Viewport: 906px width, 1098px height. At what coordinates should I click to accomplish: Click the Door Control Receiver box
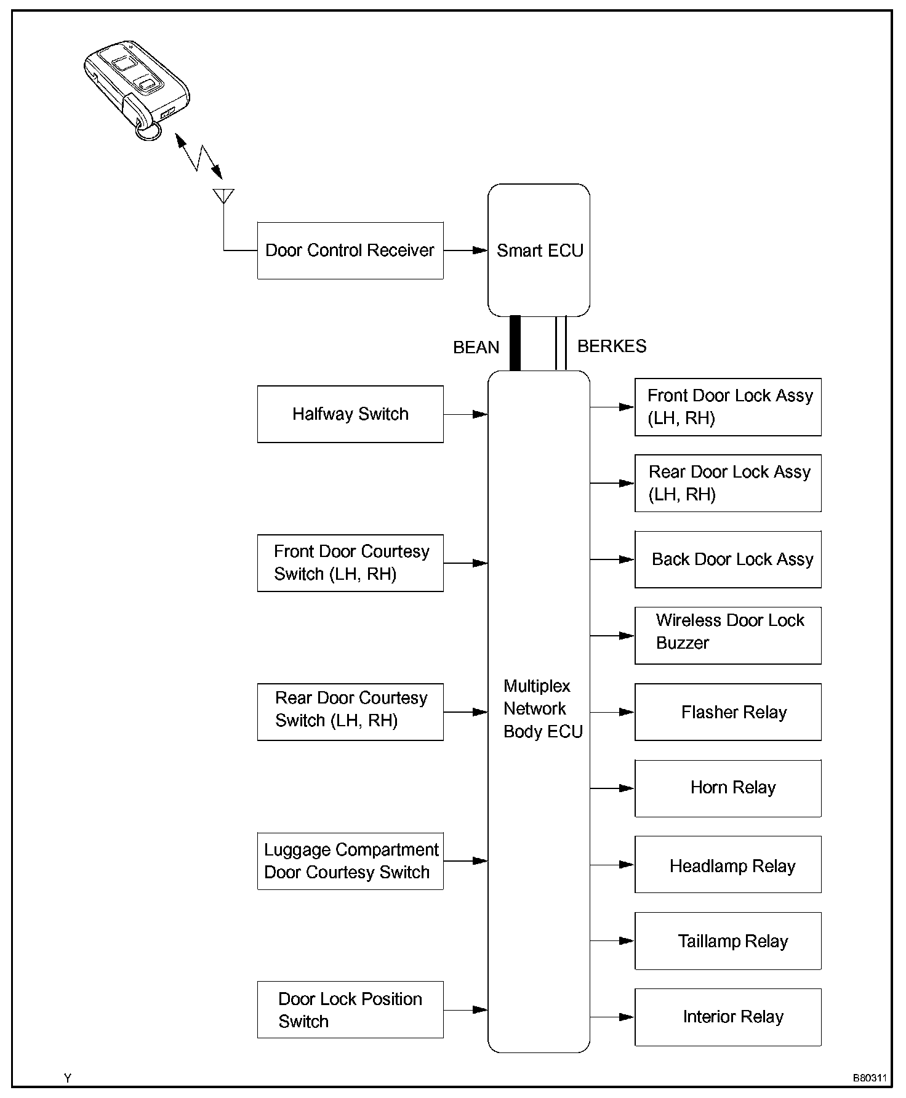(x=350, y=250)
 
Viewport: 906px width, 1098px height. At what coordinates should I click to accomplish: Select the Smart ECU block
(x=539, y=250)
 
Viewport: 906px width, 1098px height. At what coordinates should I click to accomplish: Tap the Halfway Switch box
(x=350, y=414)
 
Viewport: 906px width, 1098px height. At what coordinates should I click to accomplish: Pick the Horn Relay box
(x=728, y=788)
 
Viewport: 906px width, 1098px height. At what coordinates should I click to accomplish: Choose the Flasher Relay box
(x=728, y=712)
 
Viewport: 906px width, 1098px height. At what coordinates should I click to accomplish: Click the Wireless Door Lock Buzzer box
(x=728, y=636)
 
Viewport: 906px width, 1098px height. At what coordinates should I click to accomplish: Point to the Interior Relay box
(x=728, y=1017)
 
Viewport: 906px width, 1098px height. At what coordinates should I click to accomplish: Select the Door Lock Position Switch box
(x=350, y=1010)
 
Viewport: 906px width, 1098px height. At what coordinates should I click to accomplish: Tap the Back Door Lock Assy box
(x=728, y=559)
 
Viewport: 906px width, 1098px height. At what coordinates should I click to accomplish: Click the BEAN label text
(x=476, y=348)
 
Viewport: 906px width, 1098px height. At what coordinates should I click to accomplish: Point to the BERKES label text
(x=612, y=346)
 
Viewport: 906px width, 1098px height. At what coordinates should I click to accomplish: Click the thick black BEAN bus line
(x=515, y=343)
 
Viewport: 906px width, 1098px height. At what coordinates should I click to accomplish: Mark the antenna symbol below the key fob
(x=223, y=196)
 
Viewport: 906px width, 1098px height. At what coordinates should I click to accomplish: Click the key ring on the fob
(x=147, y=131)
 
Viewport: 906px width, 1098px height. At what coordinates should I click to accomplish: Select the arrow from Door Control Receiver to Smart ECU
(x=465, y=250)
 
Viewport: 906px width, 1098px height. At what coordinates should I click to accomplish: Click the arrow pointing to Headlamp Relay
(x=612, y=865)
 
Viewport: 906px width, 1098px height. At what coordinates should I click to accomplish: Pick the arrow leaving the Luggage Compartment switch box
(x=465, y=861)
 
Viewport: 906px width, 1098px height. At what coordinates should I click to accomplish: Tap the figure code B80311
(x=870, y=1078)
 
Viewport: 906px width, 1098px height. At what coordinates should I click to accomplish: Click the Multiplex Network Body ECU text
(x=542, y=708)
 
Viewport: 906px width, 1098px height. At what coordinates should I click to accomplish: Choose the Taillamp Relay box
(x=728, y=941)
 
